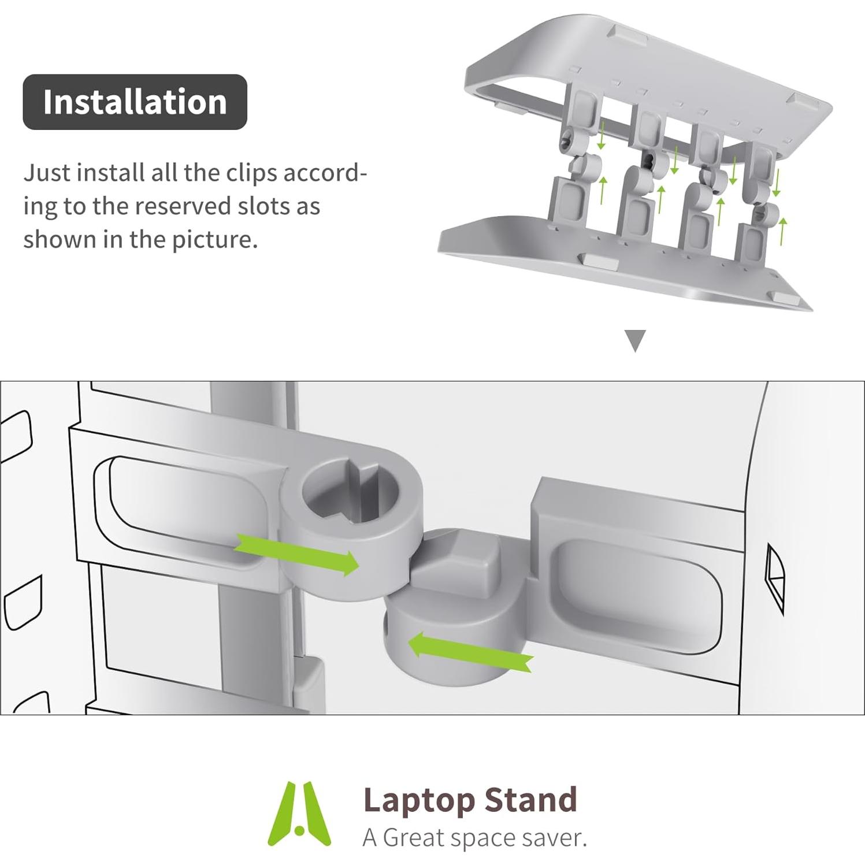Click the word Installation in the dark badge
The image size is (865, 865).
point(135,102)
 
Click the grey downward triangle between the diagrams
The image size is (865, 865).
point(635,340)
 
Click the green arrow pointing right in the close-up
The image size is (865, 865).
point(298,554)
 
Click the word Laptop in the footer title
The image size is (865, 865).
point(418,801)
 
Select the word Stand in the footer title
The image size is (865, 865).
point(530,800)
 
